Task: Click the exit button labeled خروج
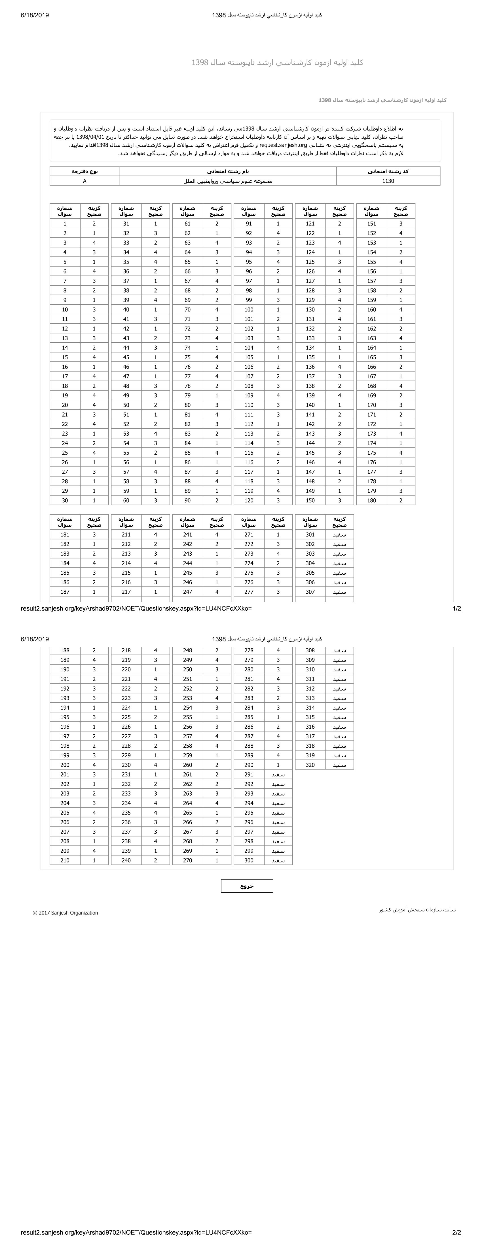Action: (x=247, y=886)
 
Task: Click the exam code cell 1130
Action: (x=388, y=181)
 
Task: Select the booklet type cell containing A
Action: (x=85, y=181)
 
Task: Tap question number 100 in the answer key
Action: (x=249, y=309)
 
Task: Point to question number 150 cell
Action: (x=310, y=500)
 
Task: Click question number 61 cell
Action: (x=187, y=224)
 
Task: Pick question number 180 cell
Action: (x=371, y=500)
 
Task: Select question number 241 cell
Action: (x=187, y=534)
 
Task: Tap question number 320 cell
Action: (x=310, y=765)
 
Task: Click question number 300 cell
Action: (x=249, y=861)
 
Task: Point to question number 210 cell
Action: (x=65, y=861)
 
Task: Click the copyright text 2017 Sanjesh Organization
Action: (x=65, y=913)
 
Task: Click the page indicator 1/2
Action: (x=456, y=608)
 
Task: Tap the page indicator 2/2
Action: (x=456, y=1232)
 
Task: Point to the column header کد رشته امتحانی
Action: (x=388, y=171)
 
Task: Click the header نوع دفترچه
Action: (x=85, y=171)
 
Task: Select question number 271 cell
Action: (x=249, y=534)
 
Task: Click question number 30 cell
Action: (x=65, y=500)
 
